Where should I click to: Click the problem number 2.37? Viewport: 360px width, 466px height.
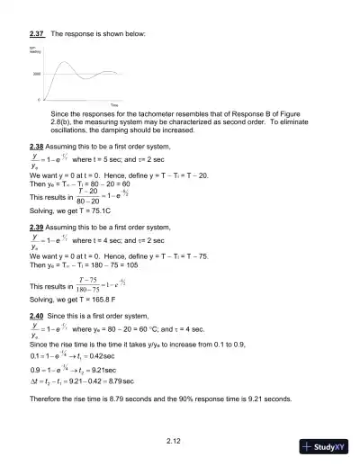37,33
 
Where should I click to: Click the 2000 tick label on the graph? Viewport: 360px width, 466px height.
37,74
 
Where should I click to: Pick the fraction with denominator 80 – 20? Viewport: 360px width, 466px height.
86,196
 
